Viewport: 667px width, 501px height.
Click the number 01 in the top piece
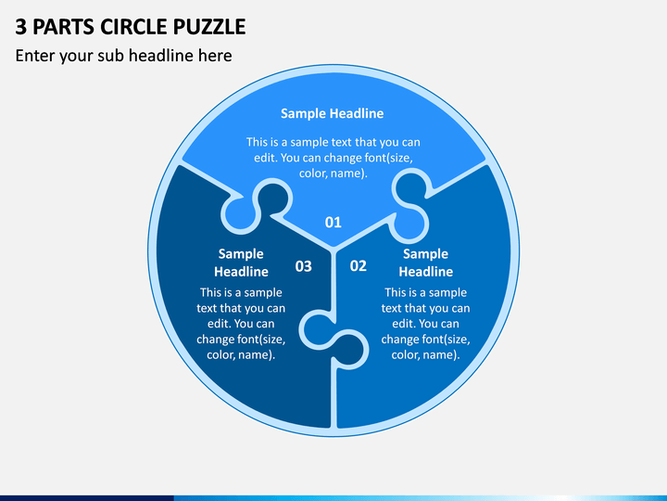(333, 222)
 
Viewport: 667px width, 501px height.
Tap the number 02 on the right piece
(359, 266)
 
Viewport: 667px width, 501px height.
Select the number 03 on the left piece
(303, 266)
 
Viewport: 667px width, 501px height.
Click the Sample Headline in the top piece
(333, 113)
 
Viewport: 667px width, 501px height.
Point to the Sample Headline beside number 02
(426, 263)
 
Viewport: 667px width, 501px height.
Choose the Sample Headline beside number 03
(241, 263)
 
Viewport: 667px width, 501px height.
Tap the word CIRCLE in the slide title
(134, 26)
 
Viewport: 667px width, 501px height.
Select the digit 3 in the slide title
(20, 26)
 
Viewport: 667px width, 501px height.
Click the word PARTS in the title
(63, 26)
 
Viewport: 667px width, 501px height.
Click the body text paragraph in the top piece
(333, 158)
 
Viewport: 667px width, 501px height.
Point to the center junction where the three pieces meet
(333, 250)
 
